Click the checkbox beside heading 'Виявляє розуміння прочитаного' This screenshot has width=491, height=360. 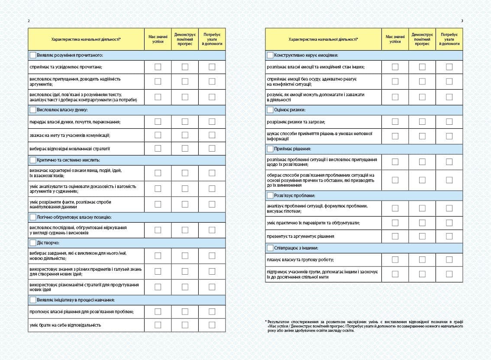(x=33, y=55)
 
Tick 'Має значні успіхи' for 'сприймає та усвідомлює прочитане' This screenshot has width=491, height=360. (x=158, y=67)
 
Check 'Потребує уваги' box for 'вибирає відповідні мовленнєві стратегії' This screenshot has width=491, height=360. (x=212, y=148)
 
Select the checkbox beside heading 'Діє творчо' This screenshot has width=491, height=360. (x=33, y=243)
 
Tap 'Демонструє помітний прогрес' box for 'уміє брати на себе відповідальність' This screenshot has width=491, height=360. (x=185, y=325)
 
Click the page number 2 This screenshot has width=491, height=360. (x=29, y=21)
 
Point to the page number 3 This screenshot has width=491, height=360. (x=462, y=21)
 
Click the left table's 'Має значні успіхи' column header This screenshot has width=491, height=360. (x=158, y=39)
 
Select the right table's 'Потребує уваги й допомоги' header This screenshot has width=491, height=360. (x=449, y=39)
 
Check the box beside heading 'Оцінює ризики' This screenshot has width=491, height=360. (x=270, y=110)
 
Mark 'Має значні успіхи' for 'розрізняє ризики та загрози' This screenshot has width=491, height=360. (x=395, y=122)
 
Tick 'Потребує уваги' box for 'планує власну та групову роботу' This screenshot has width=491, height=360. (x=449, y=259)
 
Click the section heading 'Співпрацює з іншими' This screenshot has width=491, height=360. (x=296, y=248)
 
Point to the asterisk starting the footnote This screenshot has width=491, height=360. (x=266, y=321)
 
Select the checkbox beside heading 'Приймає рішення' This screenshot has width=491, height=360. (x=270, y=149)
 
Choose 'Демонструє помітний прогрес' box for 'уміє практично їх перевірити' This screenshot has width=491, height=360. (x=422, y=223)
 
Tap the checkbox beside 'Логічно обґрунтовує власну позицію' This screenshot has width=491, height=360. (x=33, y=217)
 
